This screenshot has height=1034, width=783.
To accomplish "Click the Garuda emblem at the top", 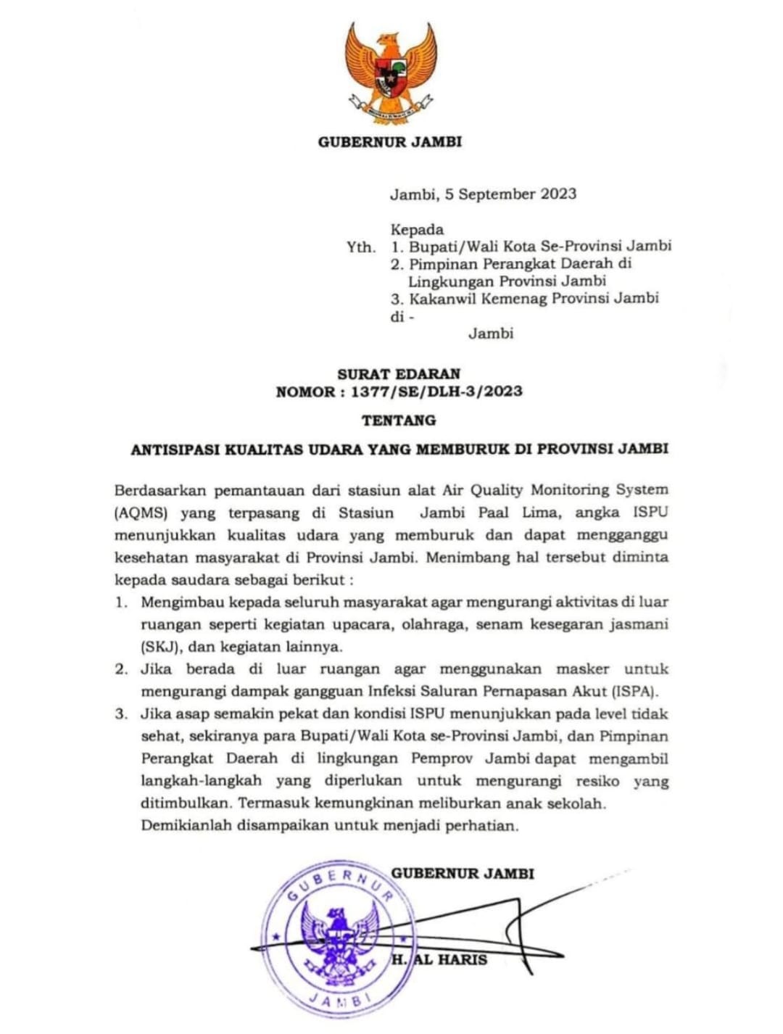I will [389, 71].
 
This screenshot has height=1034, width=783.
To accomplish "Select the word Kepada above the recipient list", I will [417, 229].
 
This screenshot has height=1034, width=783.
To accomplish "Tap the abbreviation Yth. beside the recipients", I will [361, 247].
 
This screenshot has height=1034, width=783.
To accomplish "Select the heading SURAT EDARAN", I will [399, 374].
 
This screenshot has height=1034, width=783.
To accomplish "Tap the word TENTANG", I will [399, 421].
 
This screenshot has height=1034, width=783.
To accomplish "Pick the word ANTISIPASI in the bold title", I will [175, 449].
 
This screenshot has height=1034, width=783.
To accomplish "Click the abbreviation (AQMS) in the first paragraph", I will [141, 513].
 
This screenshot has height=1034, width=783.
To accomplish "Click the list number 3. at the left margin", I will [121, 714].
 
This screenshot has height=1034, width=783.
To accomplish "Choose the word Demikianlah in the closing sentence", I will [183, 826].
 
